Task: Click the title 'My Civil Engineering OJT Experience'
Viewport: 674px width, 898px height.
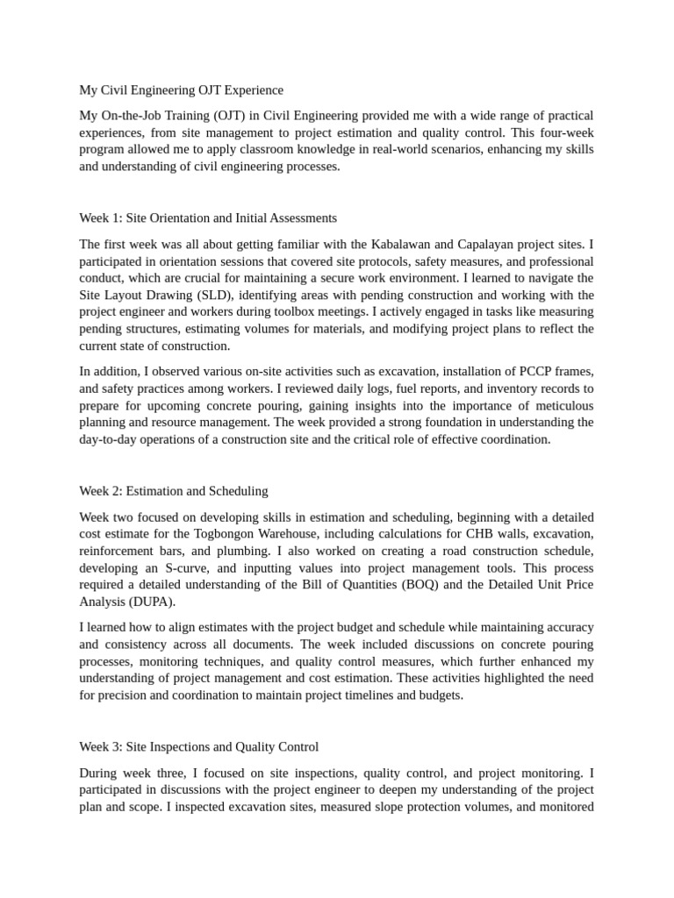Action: tap(182, 89)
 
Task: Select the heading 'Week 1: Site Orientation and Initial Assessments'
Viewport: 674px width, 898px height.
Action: tap(208, 217)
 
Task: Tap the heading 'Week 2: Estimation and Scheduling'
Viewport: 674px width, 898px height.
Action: tap(174, 490)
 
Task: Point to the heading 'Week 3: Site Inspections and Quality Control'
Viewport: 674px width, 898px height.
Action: tap(199, 746)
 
